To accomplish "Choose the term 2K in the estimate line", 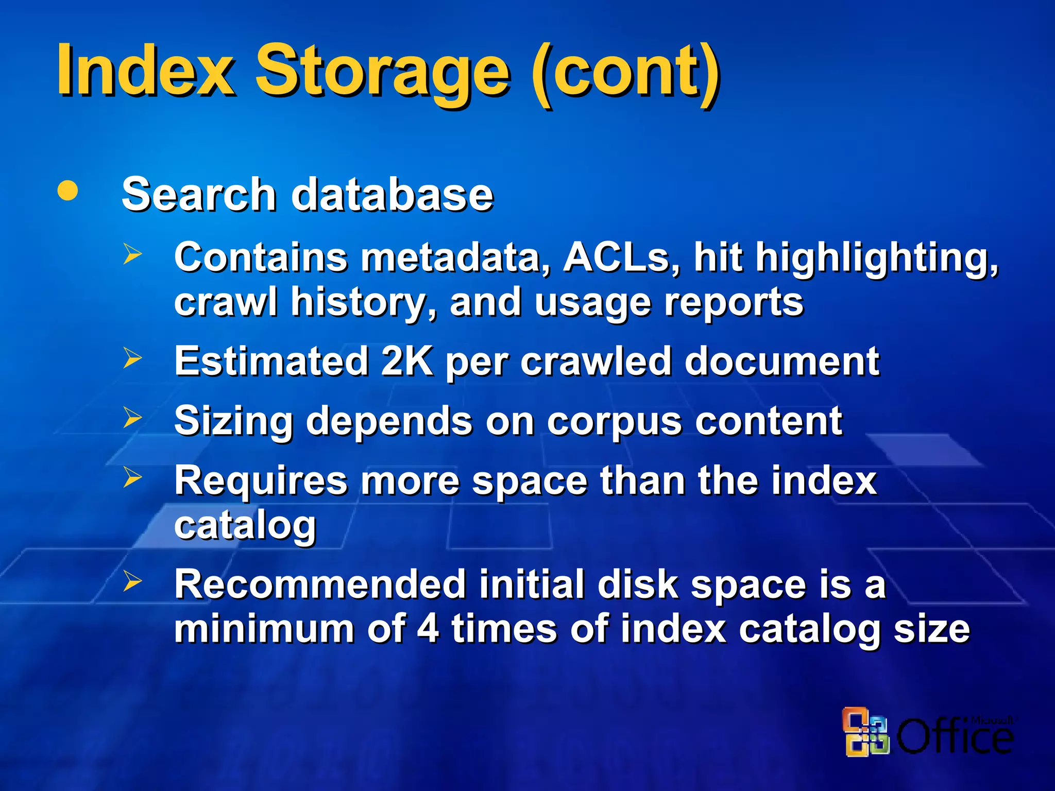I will click(406, 362).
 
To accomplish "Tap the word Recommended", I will click(320, 585).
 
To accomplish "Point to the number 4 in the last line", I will click(428, 629).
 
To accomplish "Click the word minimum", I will click(264, 629).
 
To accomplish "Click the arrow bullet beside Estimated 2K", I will click(132, 358).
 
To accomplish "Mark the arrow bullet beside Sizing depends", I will click(132, 418).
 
